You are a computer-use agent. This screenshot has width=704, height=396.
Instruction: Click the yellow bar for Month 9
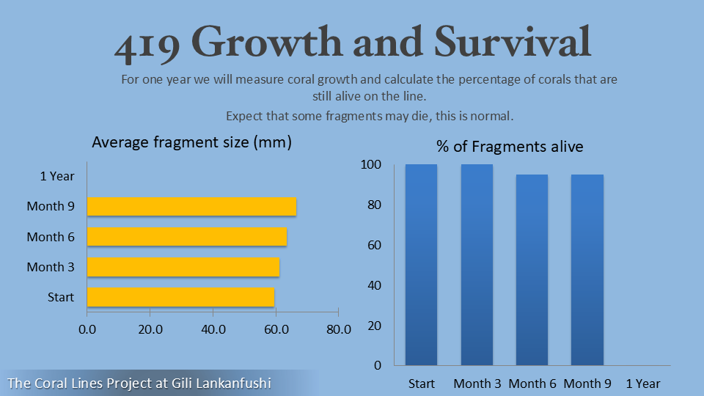tap(191, 207)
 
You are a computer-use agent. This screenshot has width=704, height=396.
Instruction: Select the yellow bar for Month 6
tap(187, 237)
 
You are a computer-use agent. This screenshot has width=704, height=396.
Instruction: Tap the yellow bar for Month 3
tap(183, 267)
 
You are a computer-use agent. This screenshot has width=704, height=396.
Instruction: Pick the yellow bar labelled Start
tap(180, 297)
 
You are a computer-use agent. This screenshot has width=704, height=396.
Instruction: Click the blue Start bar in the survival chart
tap(421, 264)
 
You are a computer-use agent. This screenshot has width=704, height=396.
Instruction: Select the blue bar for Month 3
tap(477, 264)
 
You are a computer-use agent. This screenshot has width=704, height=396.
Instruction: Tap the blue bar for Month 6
tap(532, 269)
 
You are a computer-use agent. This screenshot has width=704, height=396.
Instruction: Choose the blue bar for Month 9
tap(587, 269)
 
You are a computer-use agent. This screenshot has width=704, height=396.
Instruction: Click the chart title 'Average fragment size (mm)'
tap(191, 143)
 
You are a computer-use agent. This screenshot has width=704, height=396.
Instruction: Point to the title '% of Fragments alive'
tap(510, 147)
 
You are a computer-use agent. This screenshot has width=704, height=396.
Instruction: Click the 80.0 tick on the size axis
tap(339, 330)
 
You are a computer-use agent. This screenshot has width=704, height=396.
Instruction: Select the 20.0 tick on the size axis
tap(150, 330)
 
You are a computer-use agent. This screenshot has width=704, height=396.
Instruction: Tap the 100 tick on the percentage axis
tap(372, 166)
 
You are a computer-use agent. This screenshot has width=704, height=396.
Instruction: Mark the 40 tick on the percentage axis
tap(374, 285)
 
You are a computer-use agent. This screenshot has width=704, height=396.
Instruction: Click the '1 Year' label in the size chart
tap(57, 176)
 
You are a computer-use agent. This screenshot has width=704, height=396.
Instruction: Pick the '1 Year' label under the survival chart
tap(643, 384)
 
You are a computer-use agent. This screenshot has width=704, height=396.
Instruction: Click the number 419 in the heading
tap(147, 44)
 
